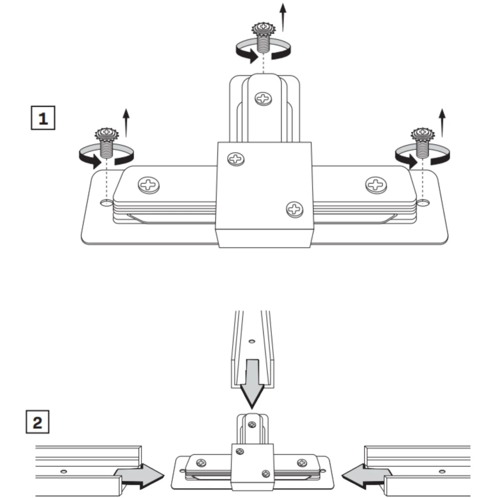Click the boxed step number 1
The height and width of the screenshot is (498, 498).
43,119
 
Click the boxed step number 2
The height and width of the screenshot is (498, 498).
37,422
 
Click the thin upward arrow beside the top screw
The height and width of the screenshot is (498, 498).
283,17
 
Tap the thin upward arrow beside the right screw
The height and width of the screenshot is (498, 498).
442,122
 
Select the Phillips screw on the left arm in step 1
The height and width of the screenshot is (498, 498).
149,184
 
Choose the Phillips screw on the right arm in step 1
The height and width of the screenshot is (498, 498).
376,184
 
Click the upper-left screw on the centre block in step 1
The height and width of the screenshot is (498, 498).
236,158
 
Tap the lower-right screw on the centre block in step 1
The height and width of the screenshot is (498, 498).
295,208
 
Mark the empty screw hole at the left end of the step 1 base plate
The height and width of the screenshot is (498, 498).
107,203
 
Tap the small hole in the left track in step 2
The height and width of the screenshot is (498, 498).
64,471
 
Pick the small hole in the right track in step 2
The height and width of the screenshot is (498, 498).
442,471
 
